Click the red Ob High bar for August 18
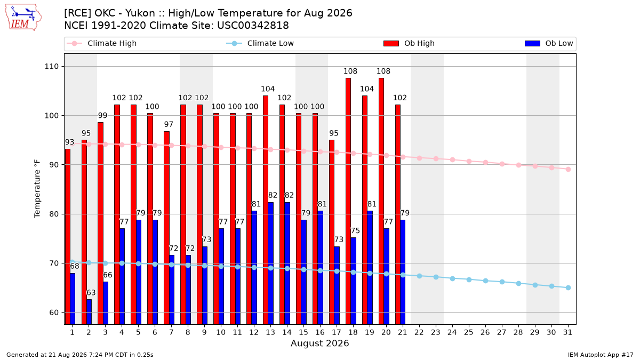coord(348,201)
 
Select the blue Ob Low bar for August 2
coord(89,311)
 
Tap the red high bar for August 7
coord(166,228)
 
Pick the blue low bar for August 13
coord(270,263)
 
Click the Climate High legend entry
coord(101,43)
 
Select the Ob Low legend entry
coord(549,43)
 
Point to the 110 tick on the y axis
coord(51,67)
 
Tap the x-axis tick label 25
coord(469,332)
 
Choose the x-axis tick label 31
coord(567,332)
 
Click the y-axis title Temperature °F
coord(37,189)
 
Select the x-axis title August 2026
coord(319,343)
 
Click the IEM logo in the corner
coord(23,18)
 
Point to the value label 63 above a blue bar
coord(91,293)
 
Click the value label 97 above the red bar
coord(169,124)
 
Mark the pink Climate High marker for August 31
coord(569,169)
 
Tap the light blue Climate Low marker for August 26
coord(485,281)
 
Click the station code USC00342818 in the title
coord(253,26)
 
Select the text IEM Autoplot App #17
coord(601,355)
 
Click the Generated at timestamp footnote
coord(79,355)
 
